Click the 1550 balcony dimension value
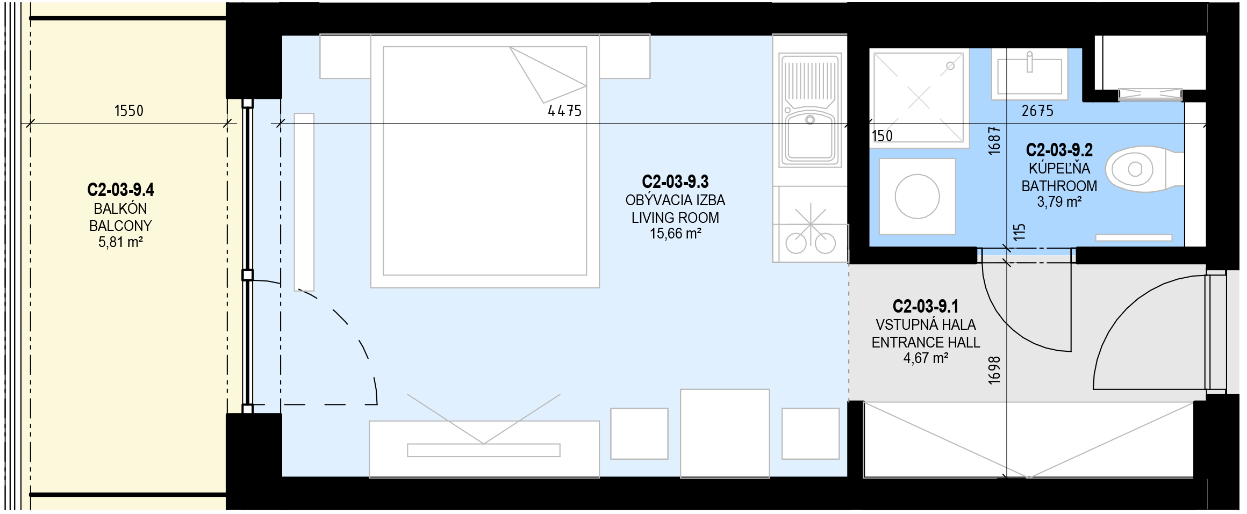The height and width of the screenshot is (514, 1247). pos(129,111)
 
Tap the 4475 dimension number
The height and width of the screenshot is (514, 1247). pos(564,111)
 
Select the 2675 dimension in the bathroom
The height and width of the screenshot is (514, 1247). pos(1037,111)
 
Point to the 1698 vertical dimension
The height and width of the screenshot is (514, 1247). pos(994,370)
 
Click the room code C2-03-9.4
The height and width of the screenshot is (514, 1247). pos(120,190)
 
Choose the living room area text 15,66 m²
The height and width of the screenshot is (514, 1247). pos(675,234)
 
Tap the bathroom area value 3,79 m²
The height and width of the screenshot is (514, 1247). pos(1059,202)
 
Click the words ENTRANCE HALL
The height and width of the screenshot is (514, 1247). pos(926,342)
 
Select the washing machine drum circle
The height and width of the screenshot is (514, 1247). pos(917,196)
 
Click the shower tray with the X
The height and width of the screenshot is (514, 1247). pos(919,97)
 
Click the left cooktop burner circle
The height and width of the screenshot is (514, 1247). pos(796,244)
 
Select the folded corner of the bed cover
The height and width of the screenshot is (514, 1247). pos(548,75)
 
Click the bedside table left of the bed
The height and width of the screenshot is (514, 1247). pos(345,56)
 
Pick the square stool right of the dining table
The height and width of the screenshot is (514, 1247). pos(811,433)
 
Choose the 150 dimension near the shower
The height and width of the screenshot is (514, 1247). pos(881,136)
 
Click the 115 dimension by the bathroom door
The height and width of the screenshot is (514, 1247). pos(1019,232)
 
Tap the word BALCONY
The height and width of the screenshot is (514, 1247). pos(120,226)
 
